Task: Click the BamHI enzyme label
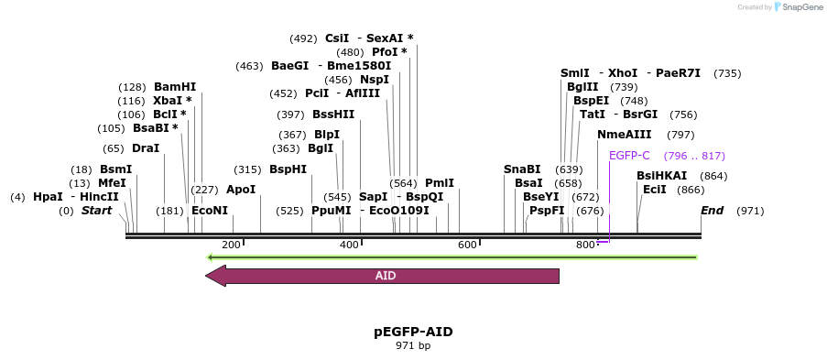pyautogui.click(x=174, y=87)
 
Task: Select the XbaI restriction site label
pyautogui.click(x=168, y=101)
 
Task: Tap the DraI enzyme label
pyautogui.click(x=146, y=148)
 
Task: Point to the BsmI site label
pyautogui.click(x=116, y=169)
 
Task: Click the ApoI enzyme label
pyautogui.click(x=241, y=190)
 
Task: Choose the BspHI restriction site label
pyautogui.click(x=288, y=169)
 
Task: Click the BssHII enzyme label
pyautogui.click(x=333, y=115)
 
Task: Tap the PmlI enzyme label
pyautogui.click(x=440, y=183)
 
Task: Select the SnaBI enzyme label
pyautogui.click(x=522, y=169)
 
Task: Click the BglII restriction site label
pyautogui.click(x=582, y=87)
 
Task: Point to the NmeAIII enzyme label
pyautogui.click(x=625, y=135)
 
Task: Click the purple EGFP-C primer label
pyautogui.click(x=629, y=156)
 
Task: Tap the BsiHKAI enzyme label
pyautogui.click(x=661, y=176)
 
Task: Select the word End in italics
pyautogui.click(x=713, y=211)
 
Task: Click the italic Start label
pyautogui.click(x=96, y=211)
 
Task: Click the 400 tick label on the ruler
pyautogui.click(x=349, y=245)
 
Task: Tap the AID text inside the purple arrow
pyautogui.click(x=386, y=276)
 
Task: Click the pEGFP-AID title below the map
pyautogui.click(x=413, y=332)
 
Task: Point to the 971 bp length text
pyautogui.click(x=413, y=345)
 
